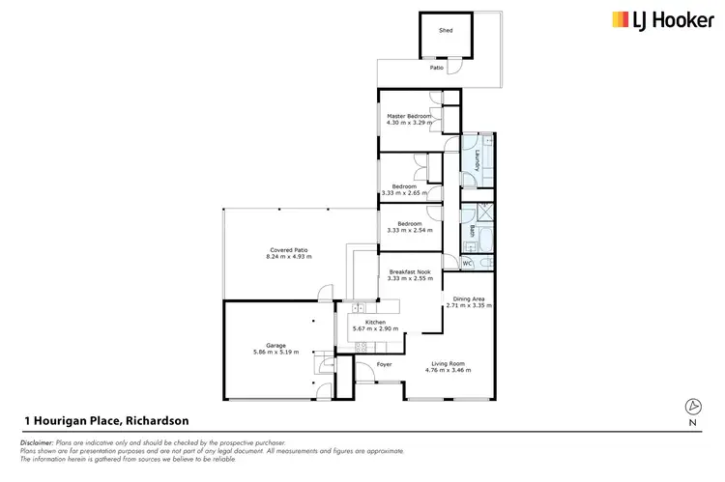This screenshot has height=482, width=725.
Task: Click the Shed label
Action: tap(446, 31)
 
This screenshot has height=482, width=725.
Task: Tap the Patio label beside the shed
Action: tap(437, 68)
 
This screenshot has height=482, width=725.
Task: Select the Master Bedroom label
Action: tap(409, 116)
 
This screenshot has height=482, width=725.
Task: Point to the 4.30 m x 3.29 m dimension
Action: tap(409, 123)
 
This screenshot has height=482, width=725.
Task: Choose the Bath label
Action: tap(472, 231)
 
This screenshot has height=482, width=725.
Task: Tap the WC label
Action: tap(468, 263)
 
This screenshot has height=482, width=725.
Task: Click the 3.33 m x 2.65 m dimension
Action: tap(404, 193)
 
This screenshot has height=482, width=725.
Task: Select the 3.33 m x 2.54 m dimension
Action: tap(409, 231)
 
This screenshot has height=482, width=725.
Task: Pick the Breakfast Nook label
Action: tap(409, 271)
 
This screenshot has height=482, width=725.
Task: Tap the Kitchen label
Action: tap(375, 322)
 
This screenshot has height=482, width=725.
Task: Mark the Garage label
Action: tap(276, 345)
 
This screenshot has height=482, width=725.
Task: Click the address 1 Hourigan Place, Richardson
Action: tap(106, 420)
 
